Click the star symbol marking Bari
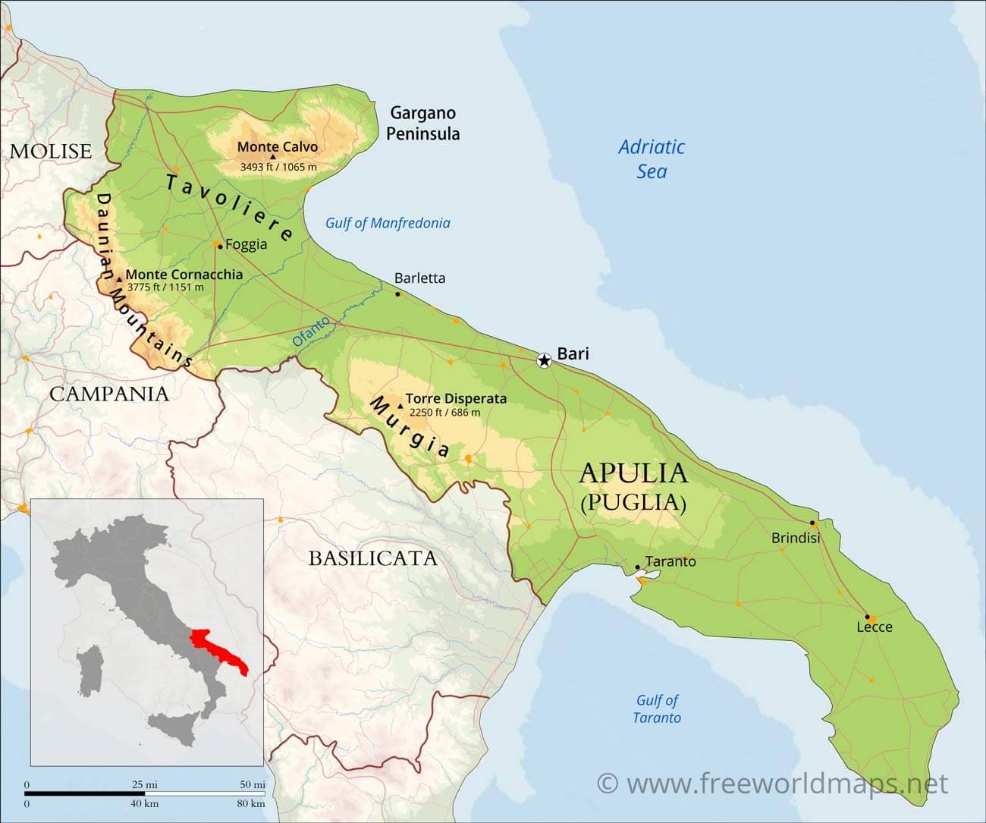544,360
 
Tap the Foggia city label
246,244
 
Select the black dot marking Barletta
397,294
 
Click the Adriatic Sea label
652,159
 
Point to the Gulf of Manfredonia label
388,223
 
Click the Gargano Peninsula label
422,124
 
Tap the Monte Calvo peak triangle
273,157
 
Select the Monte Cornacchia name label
184,275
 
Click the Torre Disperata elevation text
444,413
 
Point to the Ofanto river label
311,332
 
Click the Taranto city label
670,561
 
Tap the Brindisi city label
796,538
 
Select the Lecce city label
875,627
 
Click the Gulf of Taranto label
657,708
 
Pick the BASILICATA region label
372,559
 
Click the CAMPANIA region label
109,394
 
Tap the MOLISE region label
51,151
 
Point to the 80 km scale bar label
250,803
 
